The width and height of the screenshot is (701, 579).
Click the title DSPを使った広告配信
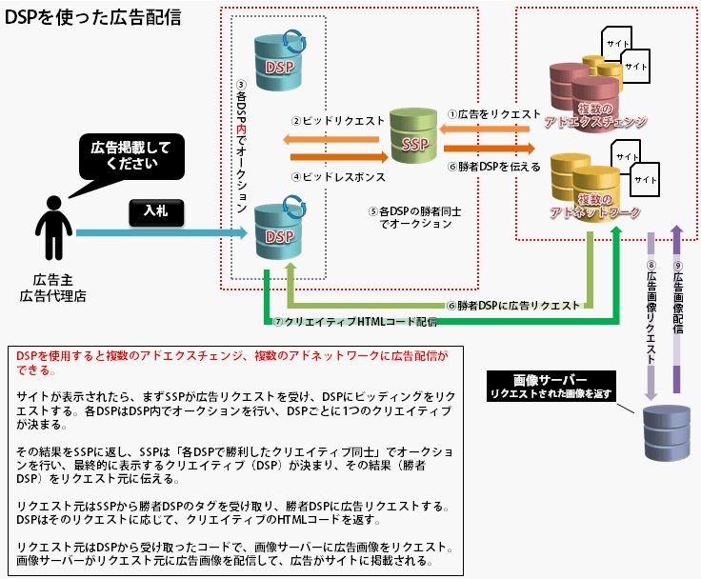tap(93, 17)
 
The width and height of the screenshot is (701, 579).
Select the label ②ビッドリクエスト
tap(338, 122)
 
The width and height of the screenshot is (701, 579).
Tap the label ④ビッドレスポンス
tap(338, 177)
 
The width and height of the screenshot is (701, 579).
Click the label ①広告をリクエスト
tap(493, 114)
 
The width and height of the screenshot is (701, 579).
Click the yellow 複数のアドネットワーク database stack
tap(592, 189)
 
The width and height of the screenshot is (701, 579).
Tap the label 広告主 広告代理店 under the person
tap(52, 287)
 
